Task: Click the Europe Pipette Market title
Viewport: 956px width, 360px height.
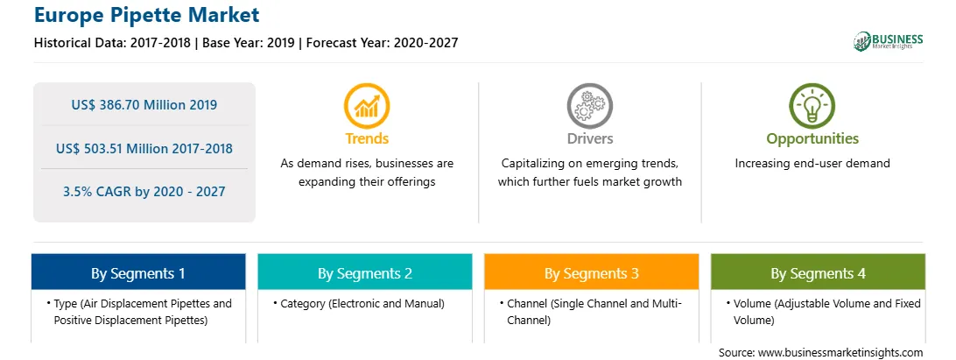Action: point(147,15)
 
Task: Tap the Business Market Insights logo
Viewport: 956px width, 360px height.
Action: point(889,41)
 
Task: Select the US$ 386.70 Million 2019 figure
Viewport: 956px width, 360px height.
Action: point(144,104)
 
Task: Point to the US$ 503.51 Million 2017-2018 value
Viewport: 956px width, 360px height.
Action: point(144,148)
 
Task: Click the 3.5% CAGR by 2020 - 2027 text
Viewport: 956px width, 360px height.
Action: point(144,192)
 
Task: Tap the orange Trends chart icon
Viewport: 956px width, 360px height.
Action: point(367,106)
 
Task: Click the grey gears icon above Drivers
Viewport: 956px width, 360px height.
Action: point(589,106)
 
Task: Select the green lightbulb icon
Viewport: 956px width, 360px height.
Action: point(812,106)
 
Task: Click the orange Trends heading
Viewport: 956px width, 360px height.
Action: point(367,138)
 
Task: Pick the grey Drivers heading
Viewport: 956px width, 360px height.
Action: point(590,138)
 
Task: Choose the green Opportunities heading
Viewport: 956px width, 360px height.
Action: point(812,139)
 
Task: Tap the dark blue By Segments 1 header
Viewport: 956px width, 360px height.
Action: point(138,272)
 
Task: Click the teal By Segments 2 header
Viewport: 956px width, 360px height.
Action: point(364,272)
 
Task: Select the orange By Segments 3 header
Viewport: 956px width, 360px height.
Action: point(592,272)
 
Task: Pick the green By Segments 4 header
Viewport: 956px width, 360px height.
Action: point(819,272)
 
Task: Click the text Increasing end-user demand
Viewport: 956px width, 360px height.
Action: point(812,164)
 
